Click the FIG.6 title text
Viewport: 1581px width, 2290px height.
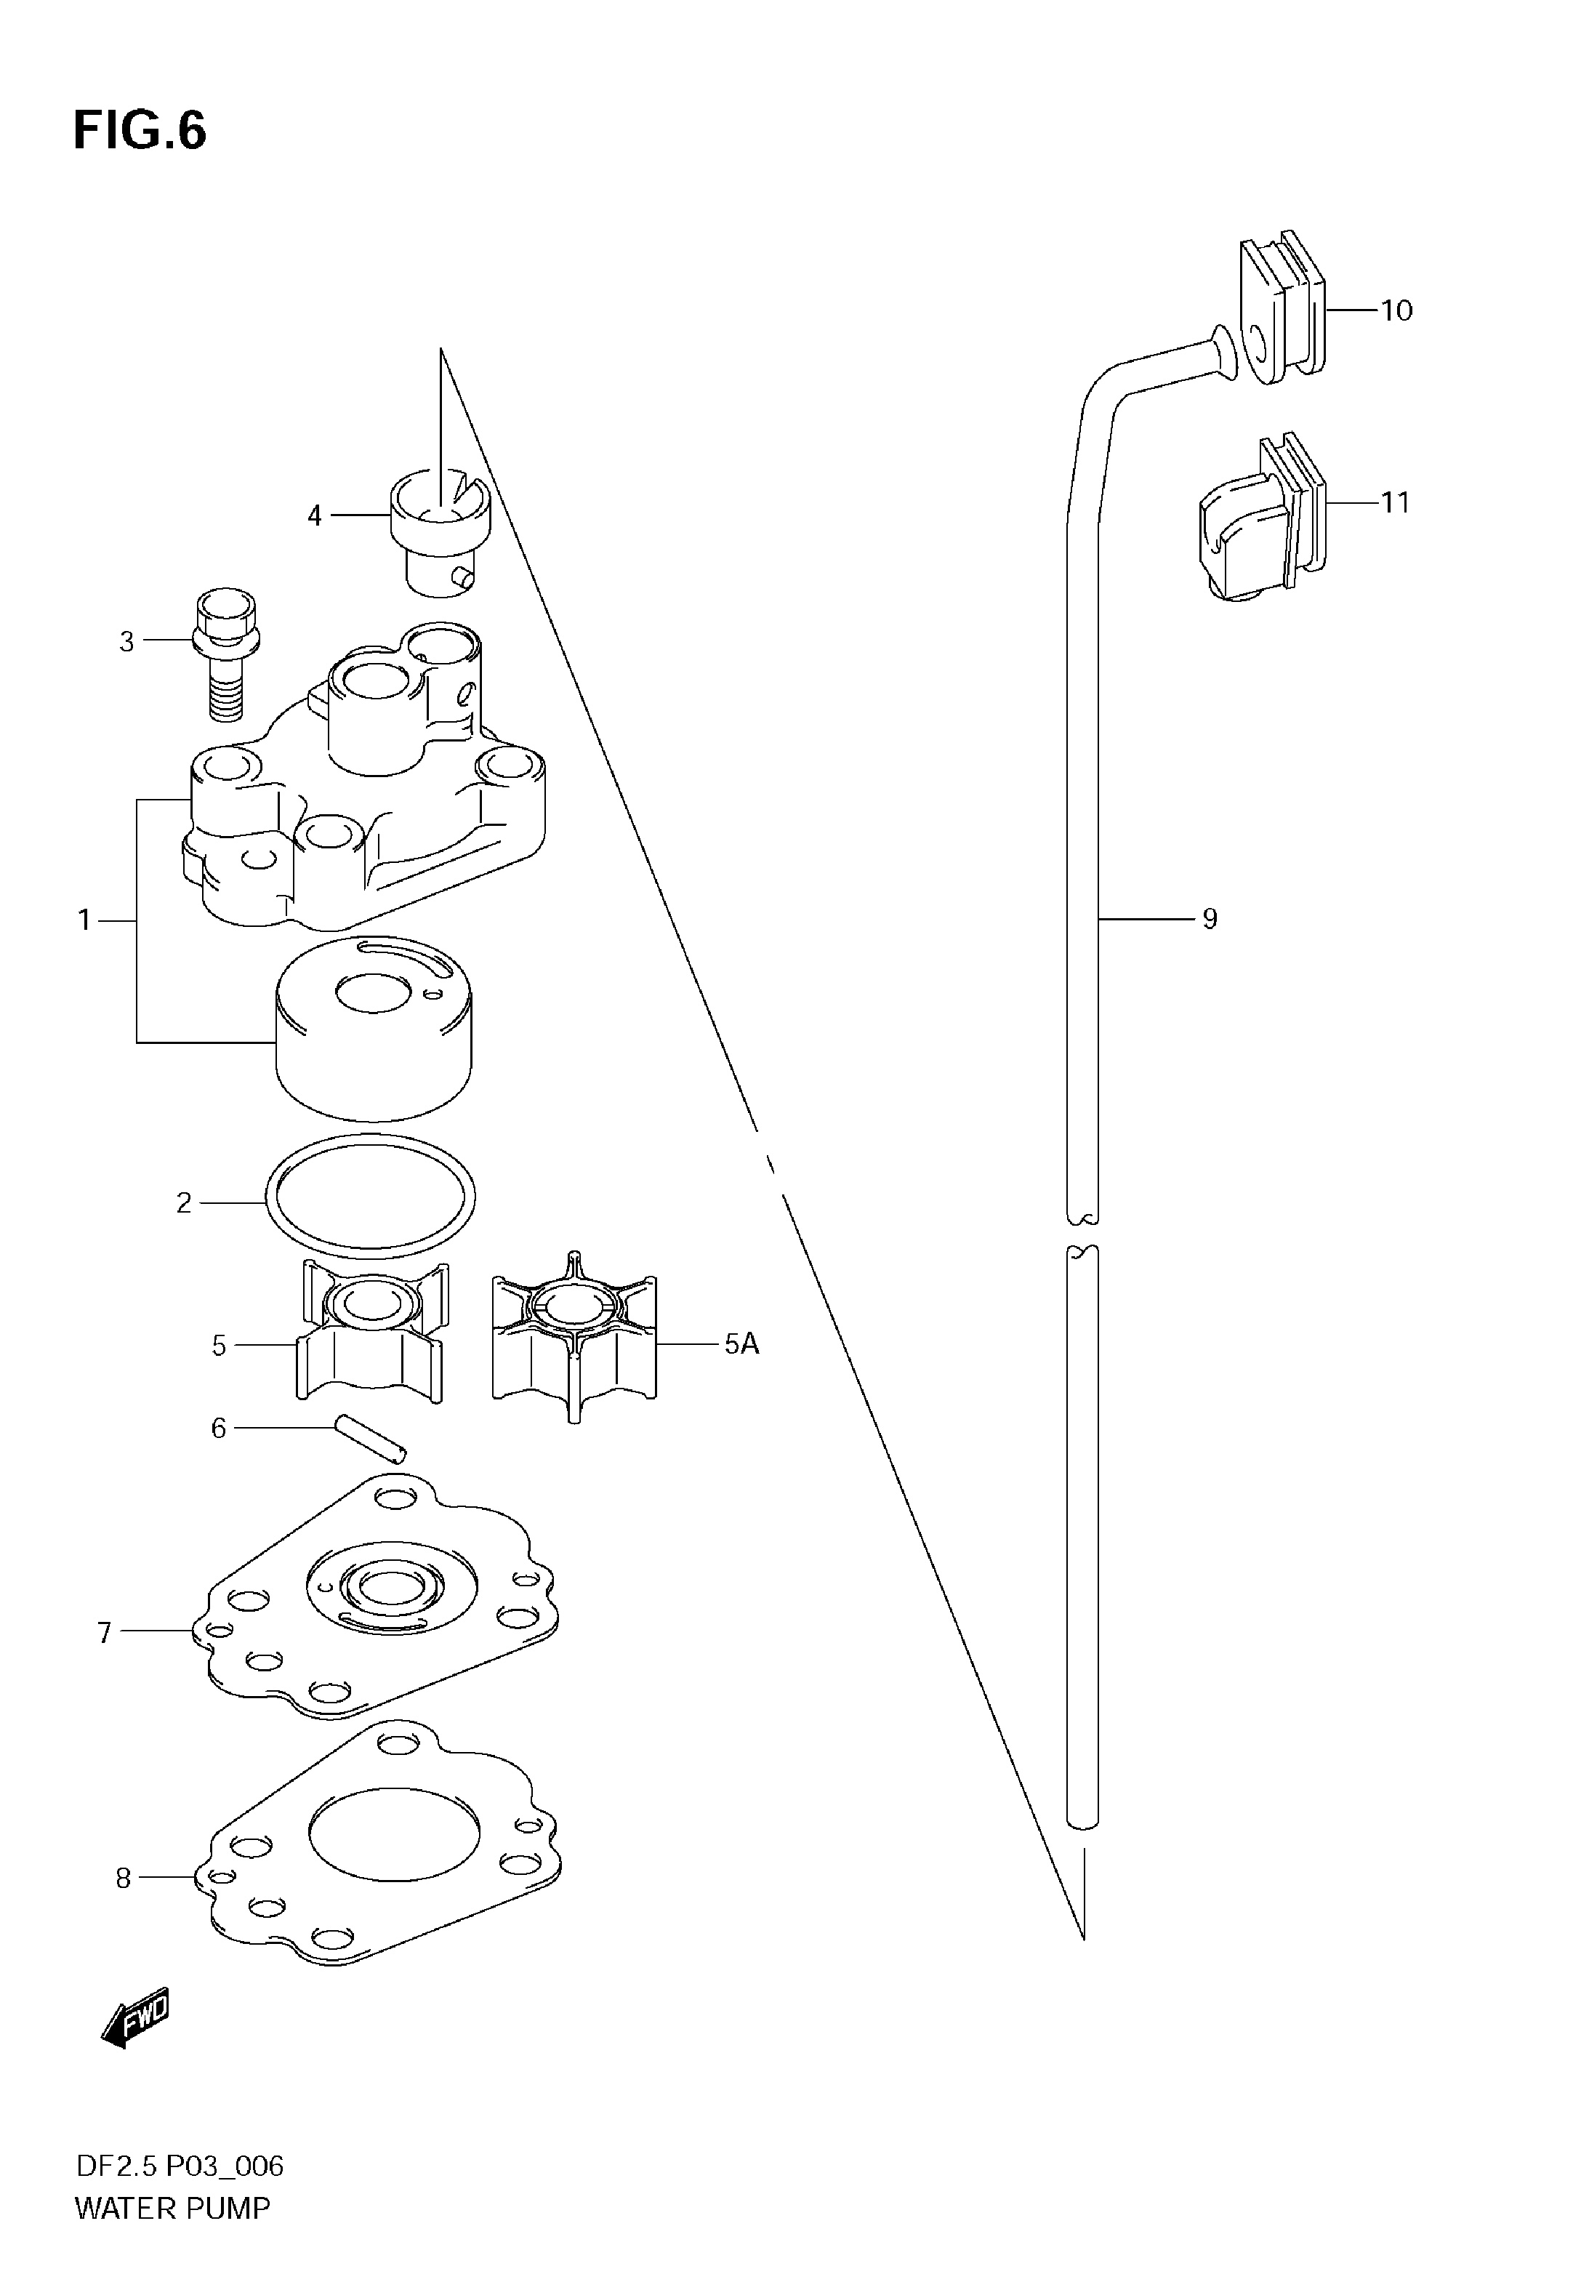point(140,131)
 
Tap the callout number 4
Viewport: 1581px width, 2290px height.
point(314,516)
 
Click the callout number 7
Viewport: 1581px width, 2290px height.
point(104,1631)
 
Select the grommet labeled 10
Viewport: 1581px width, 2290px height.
point(1281,304)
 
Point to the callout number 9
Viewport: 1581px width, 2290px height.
point(1210,919)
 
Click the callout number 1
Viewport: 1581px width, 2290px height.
point(84,921)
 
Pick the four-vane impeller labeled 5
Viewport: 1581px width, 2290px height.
point(371,1333)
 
